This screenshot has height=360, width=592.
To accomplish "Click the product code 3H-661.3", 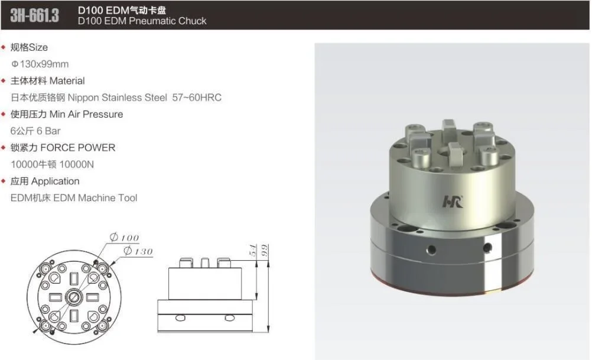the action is click(34, 15).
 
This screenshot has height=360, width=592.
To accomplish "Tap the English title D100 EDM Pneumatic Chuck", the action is click(142, 21).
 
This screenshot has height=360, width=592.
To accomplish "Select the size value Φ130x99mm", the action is click(40, 64).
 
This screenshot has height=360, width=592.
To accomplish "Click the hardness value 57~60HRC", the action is click(197, 98).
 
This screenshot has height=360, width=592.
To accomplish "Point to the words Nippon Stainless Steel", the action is click(118, 98).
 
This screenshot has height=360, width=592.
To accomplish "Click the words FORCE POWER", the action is click(78, 148).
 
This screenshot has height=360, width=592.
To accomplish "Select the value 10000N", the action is click(77, 164).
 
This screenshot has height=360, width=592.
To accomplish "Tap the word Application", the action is click(56, 181).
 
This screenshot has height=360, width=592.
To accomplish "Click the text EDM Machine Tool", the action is click(95, 198).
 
